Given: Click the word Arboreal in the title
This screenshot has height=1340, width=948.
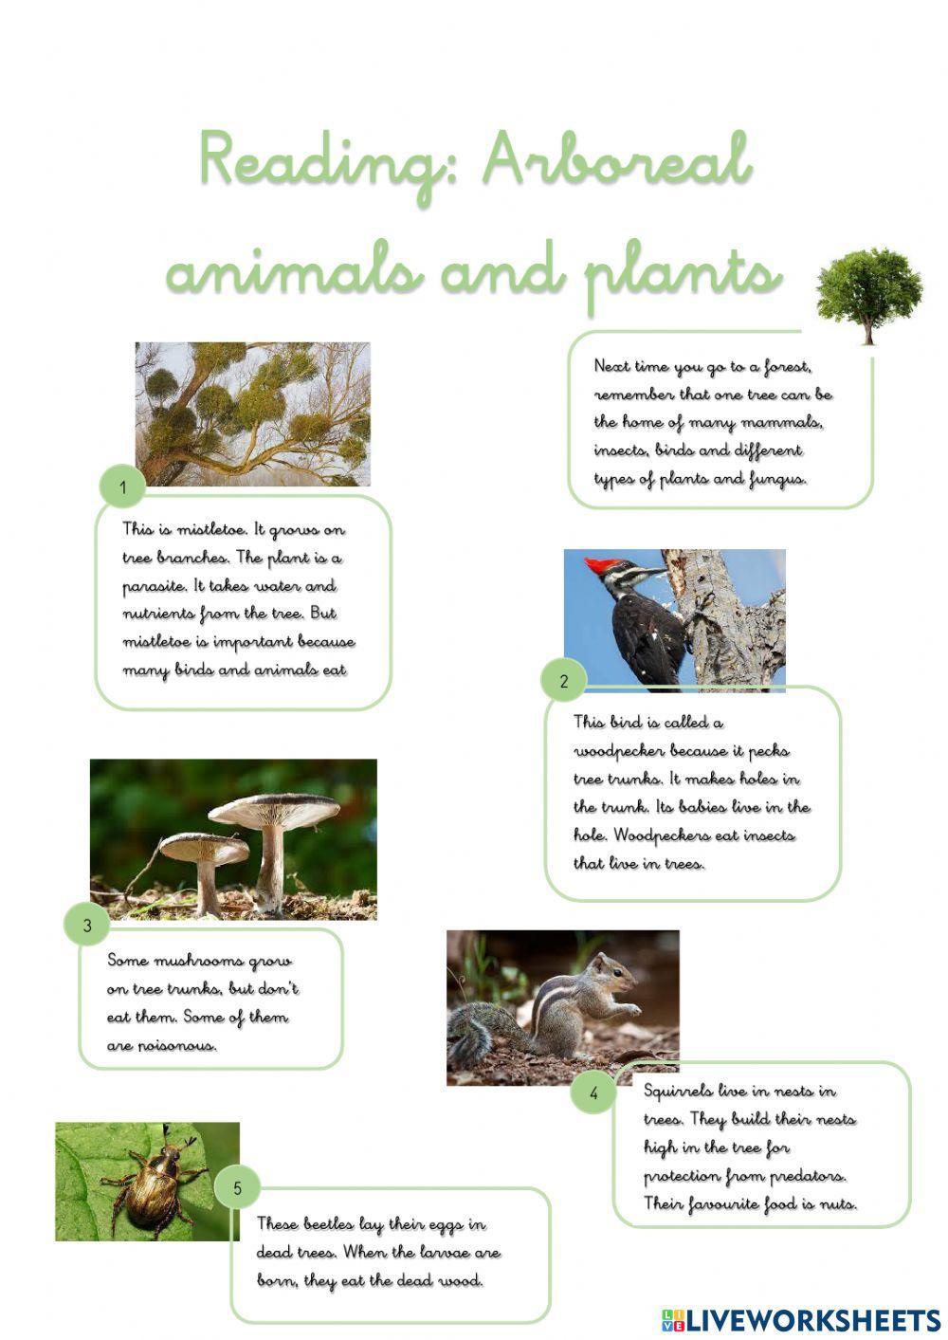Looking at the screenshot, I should [x=617, y=161].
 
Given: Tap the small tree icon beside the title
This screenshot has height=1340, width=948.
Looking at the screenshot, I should [x=868, y=295].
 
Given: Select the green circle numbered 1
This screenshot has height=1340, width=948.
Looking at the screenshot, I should [x=122, y=488].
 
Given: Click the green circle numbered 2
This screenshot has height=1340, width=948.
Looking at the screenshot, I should [x=564, y=680].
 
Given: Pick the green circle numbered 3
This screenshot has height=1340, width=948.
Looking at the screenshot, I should [x=87, y=925].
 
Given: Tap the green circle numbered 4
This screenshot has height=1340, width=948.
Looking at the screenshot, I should [x=593, y=1092].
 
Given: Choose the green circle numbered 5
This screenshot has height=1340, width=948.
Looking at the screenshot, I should [x=237, y=1187].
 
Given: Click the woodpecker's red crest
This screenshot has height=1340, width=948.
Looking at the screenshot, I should [x=600, y=566].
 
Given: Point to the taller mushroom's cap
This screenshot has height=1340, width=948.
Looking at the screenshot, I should [x=275, y=809].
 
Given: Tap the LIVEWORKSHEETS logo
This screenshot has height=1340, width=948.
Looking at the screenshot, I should [x=800, y=1319].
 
